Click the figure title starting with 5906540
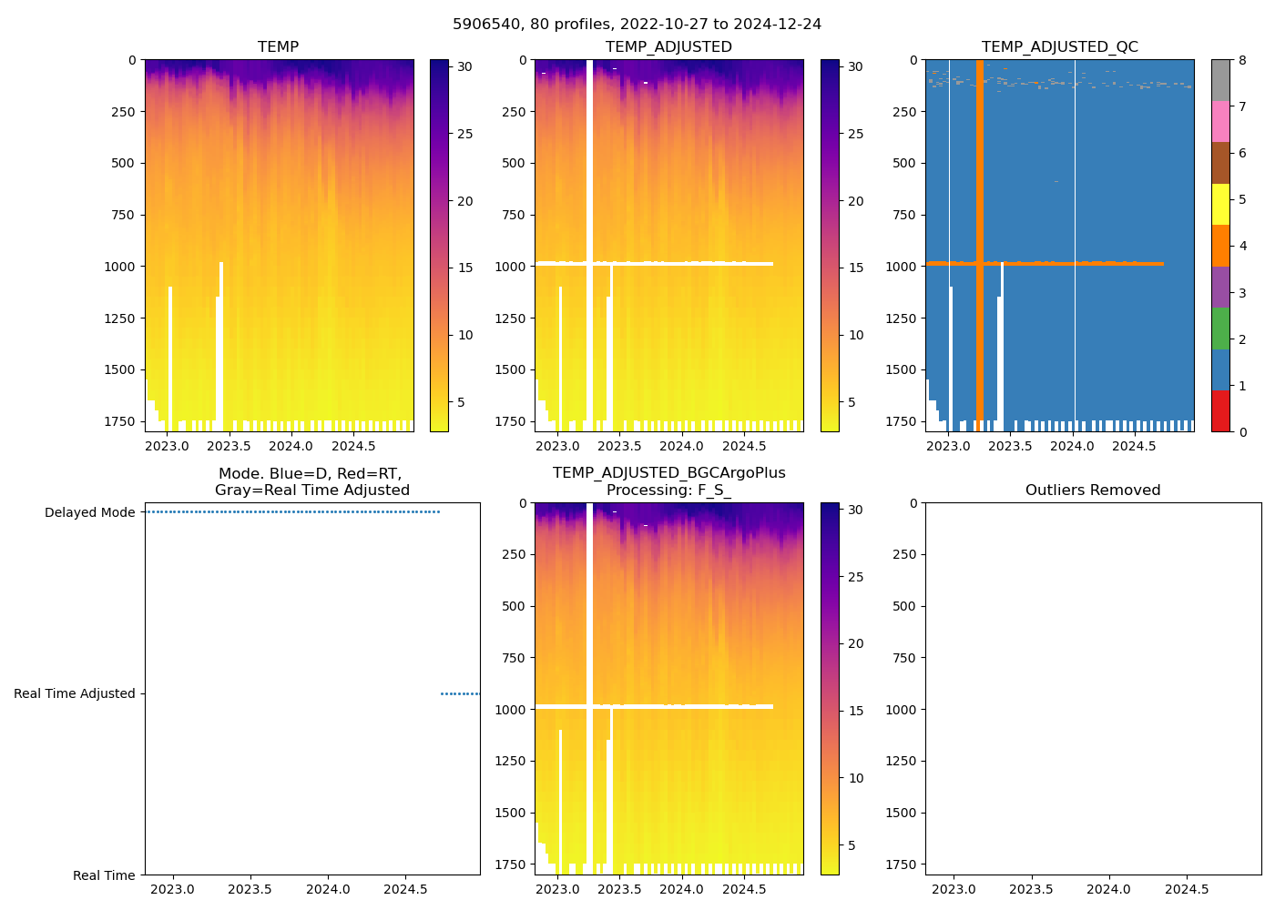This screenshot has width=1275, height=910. click(637, 24)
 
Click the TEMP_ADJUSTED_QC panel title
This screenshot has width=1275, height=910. click(1059, 46)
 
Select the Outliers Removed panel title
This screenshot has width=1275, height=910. click(1092, 490)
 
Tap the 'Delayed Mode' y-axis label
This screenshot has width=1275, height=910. click(89, 512)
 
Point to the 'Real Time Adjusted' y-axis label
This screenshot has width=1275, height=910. click(74, 693)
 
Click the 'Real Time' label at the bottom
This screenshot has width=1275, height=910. click(104, 875)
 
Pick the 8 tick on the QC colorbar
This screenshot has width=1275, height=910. click(1241, 60)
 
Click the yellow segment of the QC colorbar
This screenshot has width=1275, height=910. click(1220, 204)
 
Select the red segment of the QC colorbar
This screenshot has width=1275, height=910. click(1220, 410)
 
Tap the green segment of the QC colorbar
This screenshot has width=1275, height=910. click(1220, 328)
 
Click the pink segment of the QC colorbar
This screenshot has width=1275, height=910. click(1220, 121)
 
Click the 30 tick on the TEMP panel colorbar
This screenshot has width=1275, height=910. click(464, 66)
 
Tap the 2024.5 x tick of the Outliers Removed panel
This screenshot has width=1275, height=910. click(1187, 889)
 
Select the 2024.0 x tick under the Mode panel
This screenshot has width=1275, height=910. click(328, 889)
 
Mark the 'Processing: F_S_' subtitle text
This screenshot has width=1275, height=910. click(668, 490)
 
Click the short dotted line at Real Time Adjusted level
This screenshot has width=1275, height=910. click(460, 693)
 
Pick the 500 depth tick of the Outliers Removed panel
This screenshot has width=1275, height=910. click(903, 606)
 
